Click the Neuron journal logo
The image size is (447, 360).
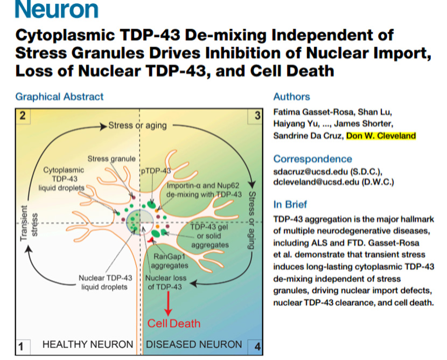click(x=57, y=9)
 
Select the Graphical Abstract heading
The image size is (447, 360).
click(x=59, y=96)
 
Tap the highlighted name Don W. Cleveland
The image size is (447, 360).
click(x=381, y=135)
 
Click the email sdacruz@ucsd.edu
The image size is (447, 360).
click(x=310, y=171)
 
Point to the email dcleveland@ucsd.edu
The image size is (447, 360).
click(x=316, y=182)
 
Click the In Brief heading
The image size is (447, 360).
click(x=290, y=204)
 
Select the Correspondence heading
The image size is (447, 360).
click(x=312, y=159)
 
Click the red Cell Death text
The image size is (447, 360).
click(x=173, y=323)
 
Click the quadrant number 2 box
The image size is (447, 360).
click(x=23, y=115)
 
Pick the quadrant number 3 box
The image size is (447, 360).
click(x=255, y=116)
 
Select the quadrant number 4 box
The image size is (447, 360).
click(x=255, y=347)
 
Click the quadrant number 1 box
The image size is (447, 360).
click(x=23, y=347)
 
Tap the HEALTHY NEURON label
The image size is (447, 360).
click(x=88, y=344)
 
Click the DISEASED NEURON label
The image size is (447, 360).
click(x=194, y=344)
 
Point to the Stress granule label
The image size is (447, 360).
click(x=111, y=159)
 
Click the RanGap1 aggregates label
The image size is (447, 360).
click(x=170, y=261)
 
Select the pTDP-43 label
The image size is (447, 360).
click(x=156, y=171)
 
